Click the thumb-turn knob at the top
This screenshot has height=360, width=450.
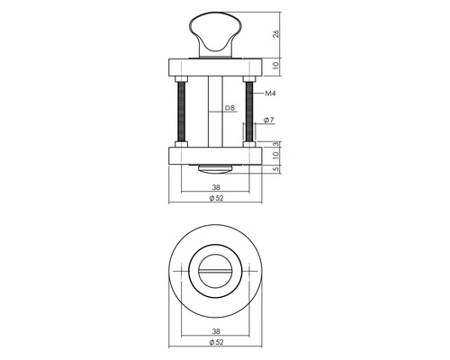coord(216,34)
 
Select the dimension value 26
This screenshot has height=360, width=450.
coord(276,33)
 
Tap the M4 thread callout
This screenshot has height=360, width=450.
coord(270,94)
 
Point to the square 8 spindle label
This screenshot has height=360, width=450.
coord(229,108)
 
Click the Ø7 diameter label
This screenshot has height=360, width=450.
coord(269,120)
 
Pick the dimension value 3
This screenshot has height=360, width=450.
coord(276,144)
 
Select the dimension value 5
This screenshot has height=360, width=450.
coord(276,169)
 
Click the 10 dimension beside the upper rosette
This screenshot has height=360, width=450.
coord(276,65)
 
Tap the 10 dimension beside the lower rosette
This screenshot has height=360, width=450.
coord(276,155)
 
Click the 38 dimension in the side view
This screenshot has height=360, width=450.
coord(216,187)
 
